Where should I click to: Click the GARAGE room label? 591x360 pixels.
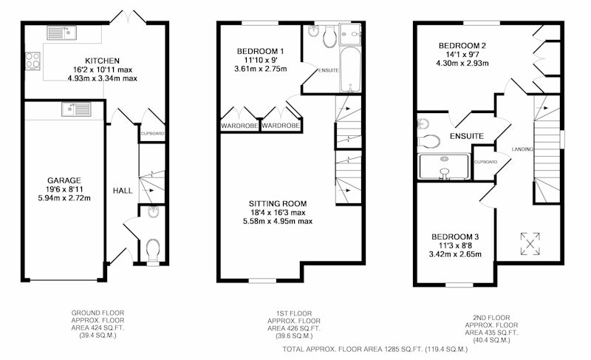coord(64,180)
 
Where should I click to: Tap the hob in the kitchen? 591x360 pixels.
coord(33,61)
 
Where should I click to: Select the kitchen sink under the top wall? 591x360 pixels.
coord(61,33)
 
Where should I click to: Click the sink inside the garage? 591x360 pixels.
coord(77,109)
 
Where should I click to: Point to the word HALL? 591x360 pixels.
coord(123,191)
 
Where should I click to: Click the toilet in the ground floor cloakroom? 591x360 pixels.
coord(153,250)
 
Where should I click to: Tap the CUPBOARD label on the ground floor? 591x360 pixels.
coord(153,134)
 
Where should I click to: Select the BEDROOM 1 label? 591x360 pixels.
coord(261,51)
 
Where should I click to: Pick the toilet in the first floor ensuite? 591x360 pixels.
coord(330,36)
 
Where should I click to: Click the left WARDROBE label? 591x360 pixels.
coord(239,126)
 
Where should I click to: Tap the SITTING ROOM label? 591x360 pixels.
coord(278,204)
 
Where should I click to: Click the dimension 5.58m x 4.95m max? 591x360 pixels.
coord(278,221)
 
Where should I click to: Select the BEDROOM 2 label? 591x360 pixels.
coord(462,46)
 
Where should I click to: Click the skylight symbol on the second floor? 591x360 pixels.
coord(530,243)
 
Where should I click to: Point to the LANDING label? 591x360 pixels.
coord(522,149)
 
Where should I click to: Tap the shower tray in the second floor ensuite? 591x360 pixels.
coord(444,166)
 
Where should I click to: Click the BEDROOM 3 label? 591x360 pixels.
coord(455,237)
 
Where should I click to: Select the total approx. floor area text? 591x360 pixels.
coord(375,350)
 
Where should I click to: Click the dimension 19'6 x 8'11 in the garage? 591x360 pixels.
coord(64,189)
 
